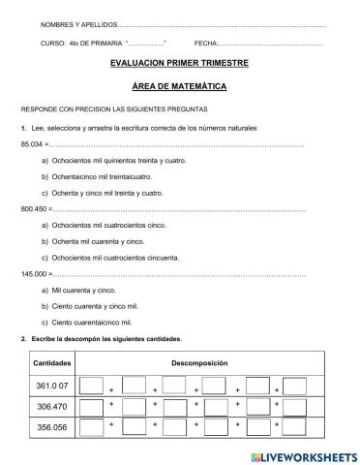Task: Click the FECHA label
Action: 205,44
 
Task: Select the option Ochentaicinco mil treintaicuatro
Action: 101,177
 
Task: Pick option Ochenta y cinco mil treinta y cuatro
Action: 105,193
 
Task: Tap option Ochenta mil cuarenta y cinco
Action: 98,241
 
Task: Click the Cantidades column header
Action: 48,362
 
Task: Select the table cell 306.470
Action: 49,407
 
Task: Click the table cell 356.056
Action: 49,428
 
